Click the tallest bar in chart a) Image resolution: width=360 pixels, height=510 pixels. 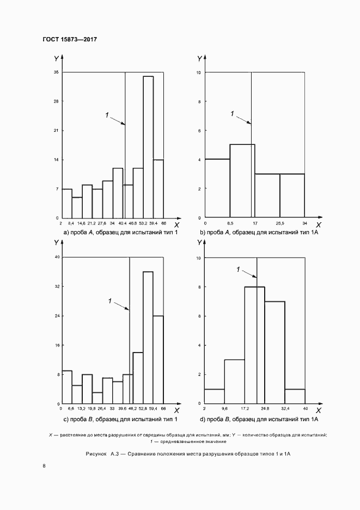(x=148, y=147)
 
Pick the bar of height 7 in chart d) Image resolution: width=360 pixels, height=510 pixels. (x=274, y=352)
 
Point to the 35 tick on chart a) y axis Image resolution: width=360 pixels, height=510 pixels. (x=56, y=72)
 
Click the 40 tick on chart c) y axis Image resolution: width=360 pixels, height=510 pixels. (x=56, y=257)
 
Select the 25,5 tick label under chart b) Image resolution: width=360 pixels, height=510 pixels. (x=280, y=223)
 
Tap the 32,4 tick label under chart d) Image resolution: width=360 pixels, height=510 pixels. (x=285, y=408)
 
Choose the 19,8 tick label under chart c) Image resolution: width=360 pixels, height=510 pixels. (x=92, y=408)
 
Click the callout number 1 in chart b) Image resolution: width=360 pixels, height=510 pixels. (x=233, y=113)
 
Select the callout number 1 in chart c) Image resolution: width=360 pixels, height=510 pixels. (x=111, y=300)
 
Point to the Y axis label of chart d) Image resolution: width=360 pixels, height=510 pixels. (x=199, y=242)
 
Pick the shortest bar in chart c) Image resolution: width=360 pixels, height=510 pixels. (x=97, y=398)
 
